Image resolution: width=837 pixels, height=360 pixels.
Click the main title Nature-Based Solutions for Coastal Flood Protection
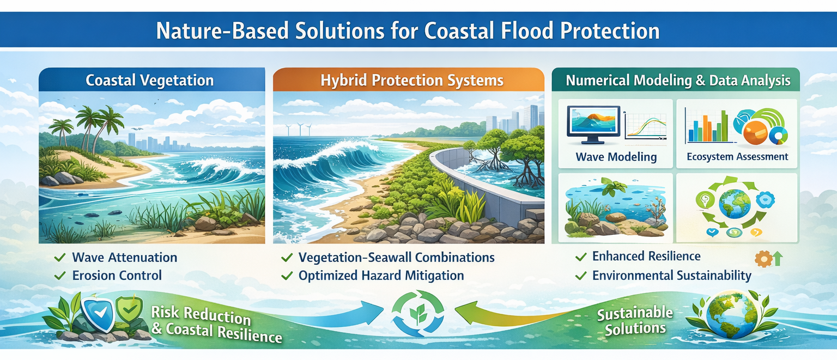pos(407,31)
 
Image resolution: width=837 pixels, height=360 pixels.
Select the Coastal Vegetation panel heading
pos(149,81)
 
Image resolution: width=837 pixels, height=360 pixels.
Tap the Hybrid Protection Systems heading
pos(411,81)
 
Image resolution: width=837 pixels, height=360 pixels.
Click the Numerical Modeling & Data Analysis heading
pos(678,81)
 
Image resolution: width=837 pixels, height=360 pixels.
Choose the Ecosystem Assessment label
pos(737,157)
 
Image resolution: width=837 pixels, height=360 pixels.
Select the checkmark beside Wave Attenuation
pos(61,257)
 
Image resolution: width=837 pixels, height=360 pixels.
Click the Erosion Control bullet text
pos(117,276)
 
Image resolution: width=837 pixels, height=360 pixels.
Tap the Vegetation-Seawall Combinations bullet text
pos(396,258)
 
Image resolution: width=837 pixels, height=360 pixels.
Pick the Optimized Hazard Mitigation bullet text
pos(381,276)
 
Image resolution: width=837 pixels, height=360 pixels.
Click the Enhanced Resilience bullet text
pos(646,256)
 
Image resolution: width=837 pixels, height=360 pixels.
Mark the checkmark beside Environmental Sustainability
pos(581,276)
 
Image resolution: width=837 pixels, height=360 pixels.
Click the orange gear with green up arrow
pos(768,258)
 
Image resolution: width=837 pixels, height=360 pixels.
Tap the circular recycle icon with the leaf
pos(418,313)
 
